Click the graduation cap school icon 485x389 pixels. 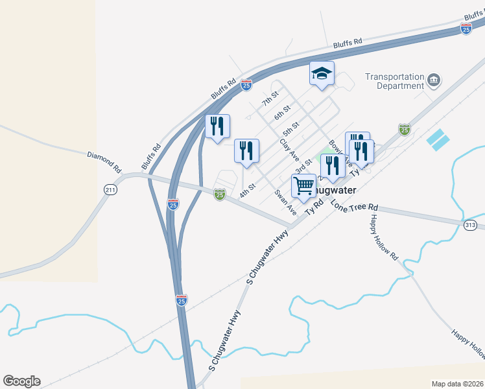pyautogui.click(x=321, y=73)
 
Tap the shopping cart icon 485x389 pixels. pyautogui.click(x=303, y=187)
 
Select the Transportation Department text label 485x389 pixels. pyautogui.click(x=394, y=81)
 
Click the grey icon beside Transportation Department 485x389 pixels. pyautogui.click(x=434, y=80)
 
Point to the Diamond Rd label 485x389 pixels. pyautogui.click(x=104, y=161)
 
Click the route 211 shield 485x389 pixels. pyautogui.click(x=110, y=189)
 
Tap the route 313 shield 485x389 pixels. pyautogui.click(x=471, y=224)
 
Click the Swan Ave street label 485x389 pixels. pyautogui.click(x=285, y=202)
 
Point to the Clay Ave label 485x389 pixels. pyautogui.click(x=289, y=149)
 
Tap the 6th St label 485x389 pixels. pyautogui.click(x=281, y=112)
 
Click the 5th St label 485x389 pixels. pyautogui.click(x=290, y=128)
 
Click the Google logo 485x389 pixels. pyautogui.click(x=21, y=381)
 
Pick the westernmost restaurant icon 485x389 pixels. pyautogui.click(x=217, y=126)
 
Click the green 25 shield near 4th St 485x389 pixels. pyautogui.click(x=220, y=194)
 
